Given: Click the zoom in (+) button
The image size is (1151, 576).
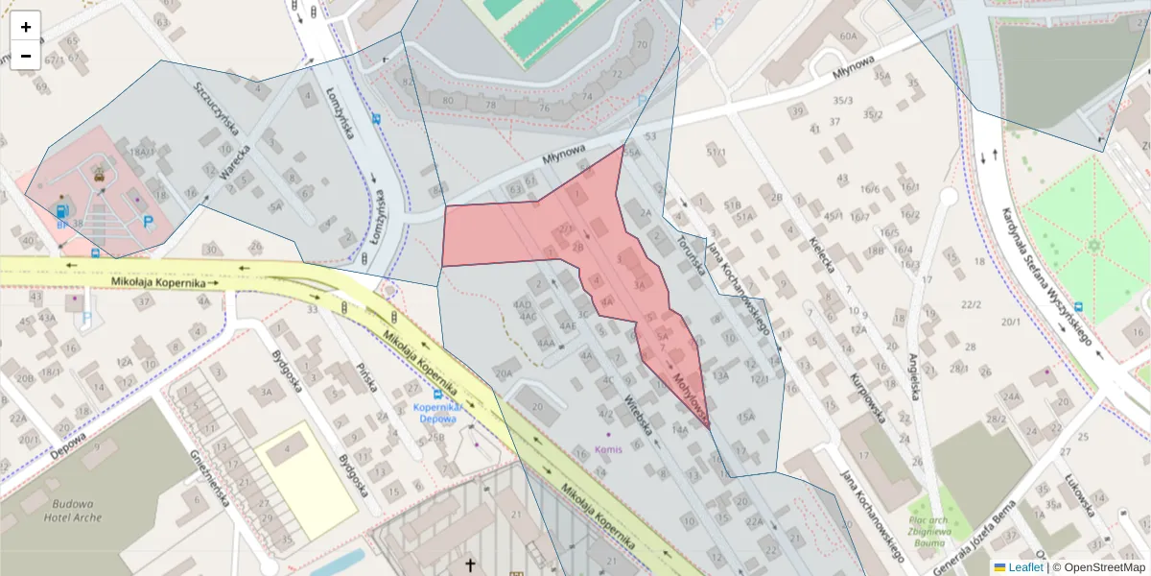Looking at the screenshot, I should pos(26,26).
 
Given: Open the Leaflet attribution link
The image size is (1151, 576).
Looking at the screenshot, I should pos(1024,567).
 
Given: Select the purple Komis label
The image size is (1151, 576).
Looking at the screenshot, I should pos(610,448).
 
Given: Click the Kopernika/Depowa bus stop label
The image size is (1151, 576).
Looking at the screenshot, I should pos(438,412).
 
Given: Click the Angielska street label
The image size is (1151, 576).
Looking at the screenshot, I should pos(914,376).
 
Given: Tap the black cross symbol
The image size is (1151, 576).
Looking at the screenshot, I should pos(470,564).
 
